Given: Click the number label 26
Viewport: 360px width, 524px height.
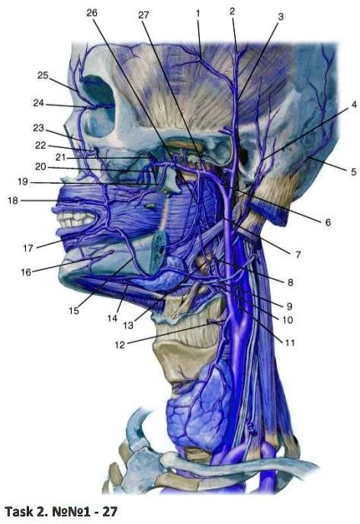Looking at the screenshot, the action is click(92, 13).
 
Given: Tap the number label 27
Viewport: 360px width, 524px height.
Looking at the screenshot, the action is click(143, 15).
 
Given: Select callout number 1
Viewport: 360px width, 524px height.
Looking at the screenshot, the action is click(198, 14).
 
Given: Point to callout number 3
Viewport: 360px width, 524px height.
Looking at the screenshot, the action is click(281, 16).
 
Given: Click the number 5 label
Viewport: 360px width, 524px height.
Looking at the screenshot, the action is click(353, 172).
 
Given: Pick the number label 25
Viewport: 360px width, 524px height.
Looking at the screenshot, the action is click(43, 76).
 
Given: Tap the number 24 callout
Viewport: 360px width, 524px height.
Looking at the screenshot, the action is click(38, 103).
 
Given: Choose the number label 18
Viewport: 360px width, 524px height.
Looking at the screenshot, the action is click(13, 200).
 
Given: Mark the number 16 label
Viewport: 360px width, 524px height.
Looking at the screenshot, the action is click(26, 272).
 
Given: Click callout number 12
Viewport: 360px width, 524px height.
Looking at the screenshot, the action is click(119, 345).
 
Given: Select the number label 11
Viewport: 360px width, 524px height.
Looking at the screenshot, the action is click(290, 342).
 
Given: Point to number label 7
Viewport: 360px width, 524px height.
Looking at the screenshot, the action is click(297, 255).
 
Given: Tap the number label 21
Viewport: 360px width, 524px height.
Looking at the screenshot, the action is click(61, 157).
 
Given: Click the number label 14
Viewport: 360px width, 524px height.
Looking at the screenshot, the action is click(112, 318).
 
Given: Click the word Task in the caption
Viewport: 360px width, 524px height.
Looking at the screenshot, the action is click(18, 511).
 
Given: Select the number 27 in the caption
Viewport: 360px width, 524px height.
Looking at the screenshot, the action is click(110, 511).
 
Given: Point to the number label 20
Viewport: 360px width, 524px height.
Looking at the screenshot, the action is click(40, 166).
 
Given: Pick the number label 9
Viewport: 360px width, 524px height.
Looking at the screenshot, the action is click(289, 306).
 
